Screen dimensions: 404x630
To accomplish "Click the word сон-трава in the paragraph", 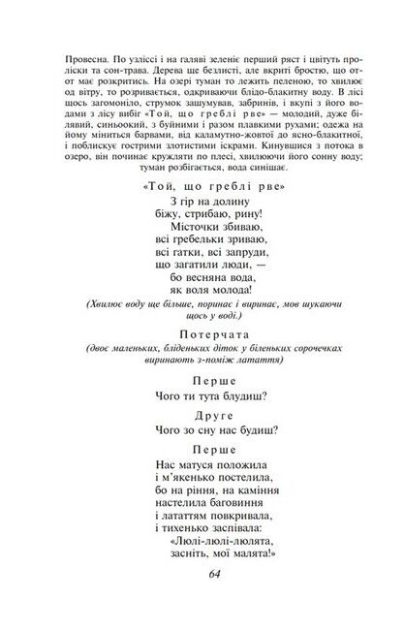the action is pos(126,59).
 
